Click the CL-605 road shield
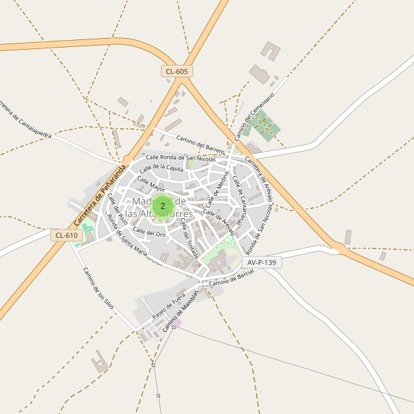(177, 71)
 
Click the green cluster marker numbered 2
(163, 206)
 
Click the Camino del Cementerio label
(254, 115)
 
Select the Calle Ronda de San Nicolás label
(185, 158)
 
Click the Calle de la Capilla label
(161, 168)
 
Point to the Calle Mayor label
(151, 184)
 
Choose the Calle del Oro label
(150, 233)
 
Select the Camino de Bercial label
(232, 277)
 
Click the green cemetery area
(265, 126)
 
